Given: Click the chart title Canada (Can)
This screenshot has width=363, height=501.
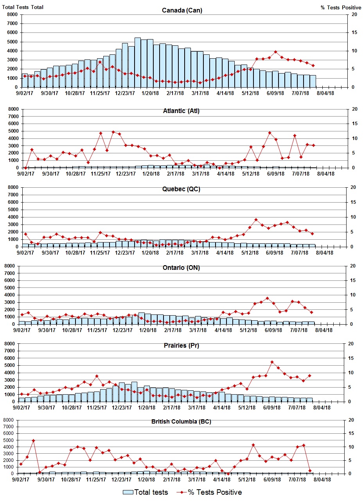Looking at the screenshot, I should point(182,10).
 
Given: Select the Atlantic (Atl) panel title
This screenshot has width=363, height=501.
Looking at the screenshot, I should point(181,111).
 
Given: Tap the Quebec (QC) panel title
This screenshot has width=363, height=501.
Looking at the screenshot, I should point(181,189).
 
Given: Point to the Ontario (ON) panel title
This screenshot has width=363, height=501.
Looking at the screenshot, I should point(181,268).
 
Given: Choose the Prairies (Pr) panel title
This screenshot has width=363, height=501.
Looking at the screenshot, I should point(181,346).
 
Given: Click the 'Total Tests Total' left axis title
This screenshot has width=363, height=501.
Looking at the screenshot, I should point(23,7).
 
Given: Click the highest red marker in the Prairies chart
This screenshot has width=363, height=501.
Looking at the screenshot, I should point(272,362).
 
